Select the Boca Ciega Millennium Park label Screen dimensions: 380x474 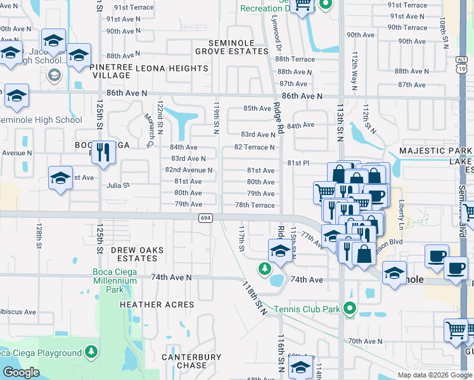[x=115, y=281]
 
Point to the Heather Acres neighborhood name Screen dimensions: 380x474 [x=157, y=305]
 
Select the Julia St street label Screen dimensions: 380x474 [x=118, y=186]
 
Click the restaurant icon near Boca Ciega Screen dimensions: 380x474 [x=103, y=152]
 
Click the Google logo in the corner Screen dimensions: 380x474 [x=21, y=372]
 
